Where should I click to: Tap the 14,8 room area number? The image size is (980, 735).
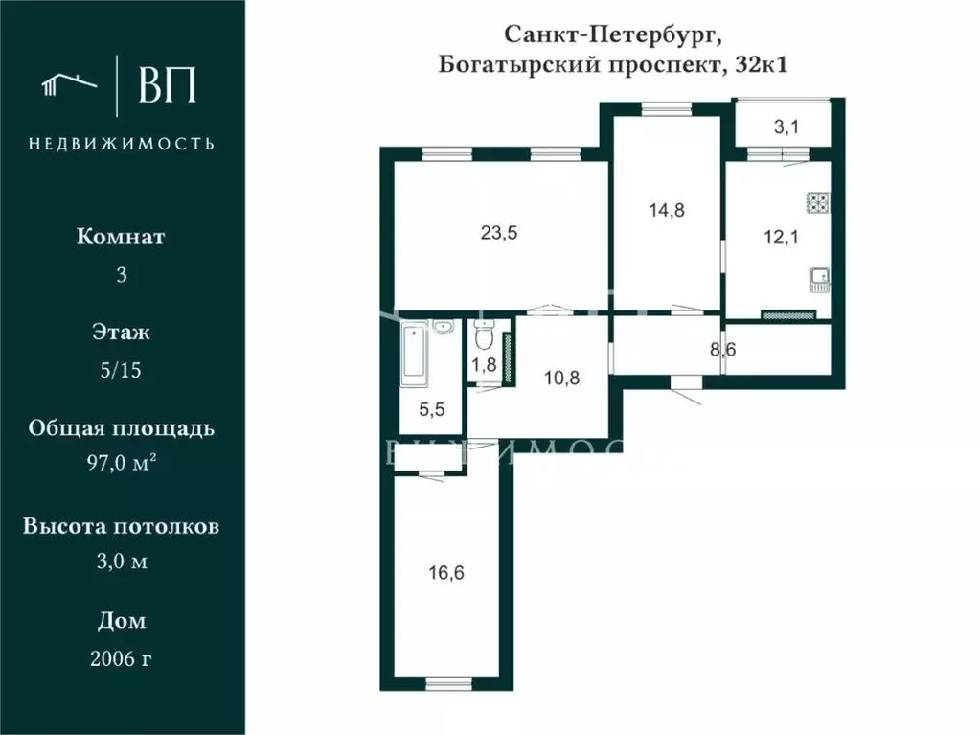point(666,211)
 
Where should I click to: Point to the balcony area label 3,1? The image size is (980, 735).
point(786,126)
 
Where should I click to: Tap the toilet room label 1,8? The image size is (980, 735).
point(484,364)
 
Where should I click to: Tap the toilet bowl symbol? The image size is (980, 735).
point(485,337)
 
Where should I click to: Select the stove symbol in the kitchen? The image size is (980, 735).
point(817,202)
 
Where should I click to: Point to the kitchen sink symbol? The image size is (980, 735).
point(819,279)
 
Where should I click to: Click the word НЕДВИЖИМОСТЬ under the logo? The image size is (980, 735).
point(121,144)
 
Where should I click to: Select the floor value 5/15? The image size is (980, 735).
point(121,370)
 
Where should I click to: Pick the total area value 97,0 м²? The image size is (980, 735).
point(121,465)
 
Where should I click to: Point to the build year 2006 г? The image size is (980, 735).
point(121,658)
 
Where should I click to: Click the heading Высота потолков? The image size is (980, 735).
point(121,526)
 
